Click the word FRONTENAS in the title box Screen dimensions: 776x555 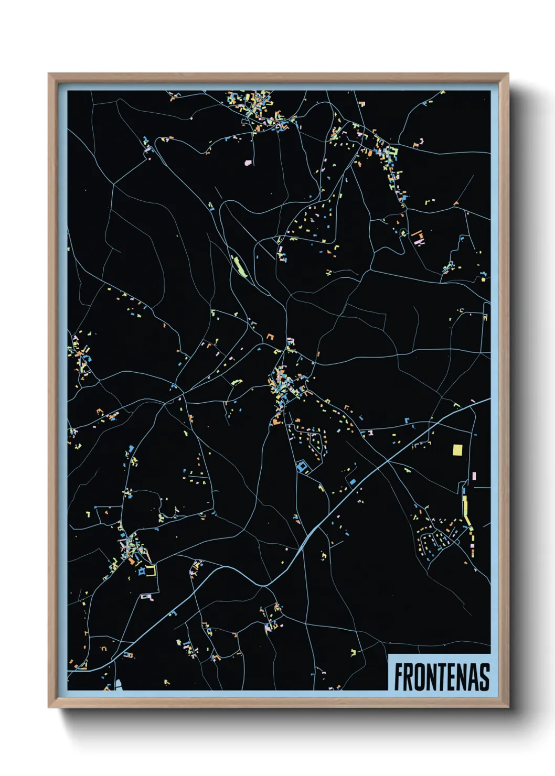tap(442, 677)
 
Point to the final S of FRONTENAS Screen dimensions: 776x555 tap(484, 677)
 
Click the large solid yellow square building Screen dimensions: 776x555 tap(457, 450)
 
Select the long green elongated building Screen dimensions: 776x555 tap(239, 265)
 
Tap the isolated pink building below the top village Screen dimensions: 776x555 tap(248, 163)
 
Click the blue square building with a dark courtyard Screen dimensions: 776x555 tap(302, 466)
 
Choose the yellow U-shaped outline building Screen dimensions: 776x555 tap(152, 570)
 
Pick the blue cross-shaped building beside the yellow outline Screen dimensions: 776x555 tap(141, 572)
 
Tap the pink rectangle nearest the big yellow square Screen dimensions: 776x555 tap(474, 476)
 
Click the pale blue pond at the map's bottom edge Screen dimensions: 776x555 tap(118, 684)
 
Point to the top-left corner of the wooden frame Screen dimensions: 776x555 tap(49, 74)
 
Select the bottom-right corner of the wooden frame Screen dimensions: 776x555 tap(507, 707)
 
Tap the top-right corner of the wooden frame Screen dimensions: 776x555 tap(507, 74)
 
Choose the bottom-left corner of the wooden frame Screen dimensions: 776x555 tap(49, 707)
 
